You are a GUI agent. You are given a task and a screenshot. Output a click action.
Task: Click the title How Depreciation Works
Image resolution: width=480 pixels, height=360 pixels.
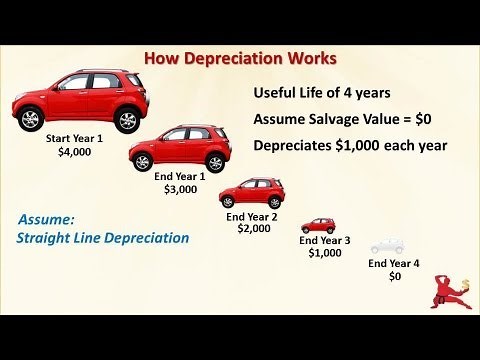tap(241, 59)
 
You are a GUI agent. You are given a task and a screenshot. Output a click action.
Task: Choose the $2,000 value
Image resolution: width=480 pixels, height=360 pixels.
tap(253, 230)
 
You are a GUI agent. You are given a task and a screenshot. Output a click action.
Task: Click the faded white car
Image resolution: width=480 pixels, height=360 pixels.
tap(388, 245)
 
